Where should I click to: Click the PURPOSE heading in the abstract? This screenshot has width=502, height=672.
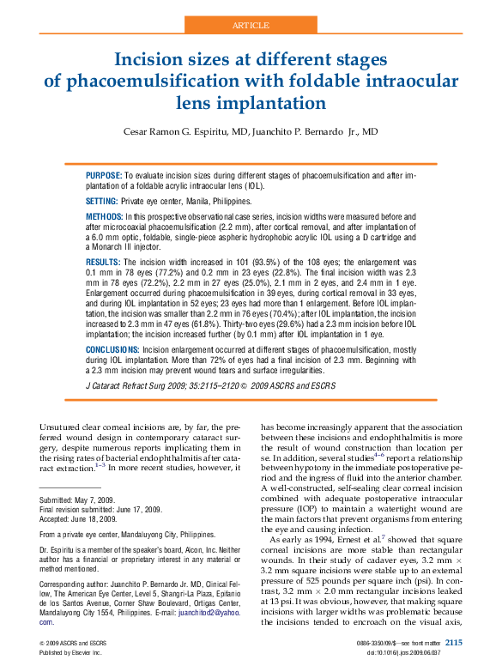[x=103, y=175]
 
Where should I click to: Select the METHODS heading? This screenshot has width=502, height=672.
[x=104, y=216]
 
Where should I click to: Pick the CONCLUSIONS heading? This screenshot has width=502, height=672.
[x=112, y=351]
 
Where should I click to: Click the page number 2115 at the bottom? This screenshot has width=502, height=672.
[x=454, y=642]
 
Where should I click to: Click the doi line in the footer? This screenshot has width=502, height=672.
[x=414, y=652]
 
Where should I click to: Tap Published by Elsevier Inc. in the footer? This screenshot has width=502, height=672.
[x=70, y=652]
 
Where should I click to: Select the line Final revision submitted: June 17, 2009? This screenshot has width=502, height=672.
[x=101, y=510]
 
